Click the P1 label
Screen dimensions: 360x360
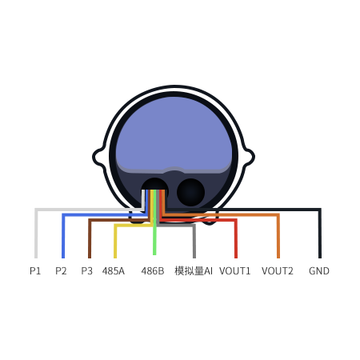click(x=35, y=271)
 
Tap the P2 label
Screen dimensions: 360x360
click(x=61, y=271)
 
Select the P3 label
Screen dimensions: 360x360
click(x=86, y=271)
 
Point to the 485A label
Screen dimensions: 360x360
click(x=114, y=271)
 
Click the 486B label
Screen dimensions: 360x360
click(x=153, y=271)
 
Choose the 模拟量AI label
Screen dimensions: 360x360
click(x=194, y=271)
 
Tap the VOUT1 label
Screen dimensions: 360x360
click(x=235, y=271)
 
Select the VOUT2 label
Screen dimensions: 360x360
click(x=278, y=271)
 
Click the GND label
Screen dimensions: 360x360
click(x=319, y=271)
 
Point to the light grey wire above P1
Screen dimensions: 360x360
click(x=80, y=210)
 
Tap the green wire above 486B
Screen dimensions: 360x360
click(x=154, y=222)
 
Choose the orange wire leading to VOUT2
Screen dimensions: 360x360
click(x=222, y=214)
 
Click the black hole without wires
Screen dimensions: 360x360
click(x=190, y=192)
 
